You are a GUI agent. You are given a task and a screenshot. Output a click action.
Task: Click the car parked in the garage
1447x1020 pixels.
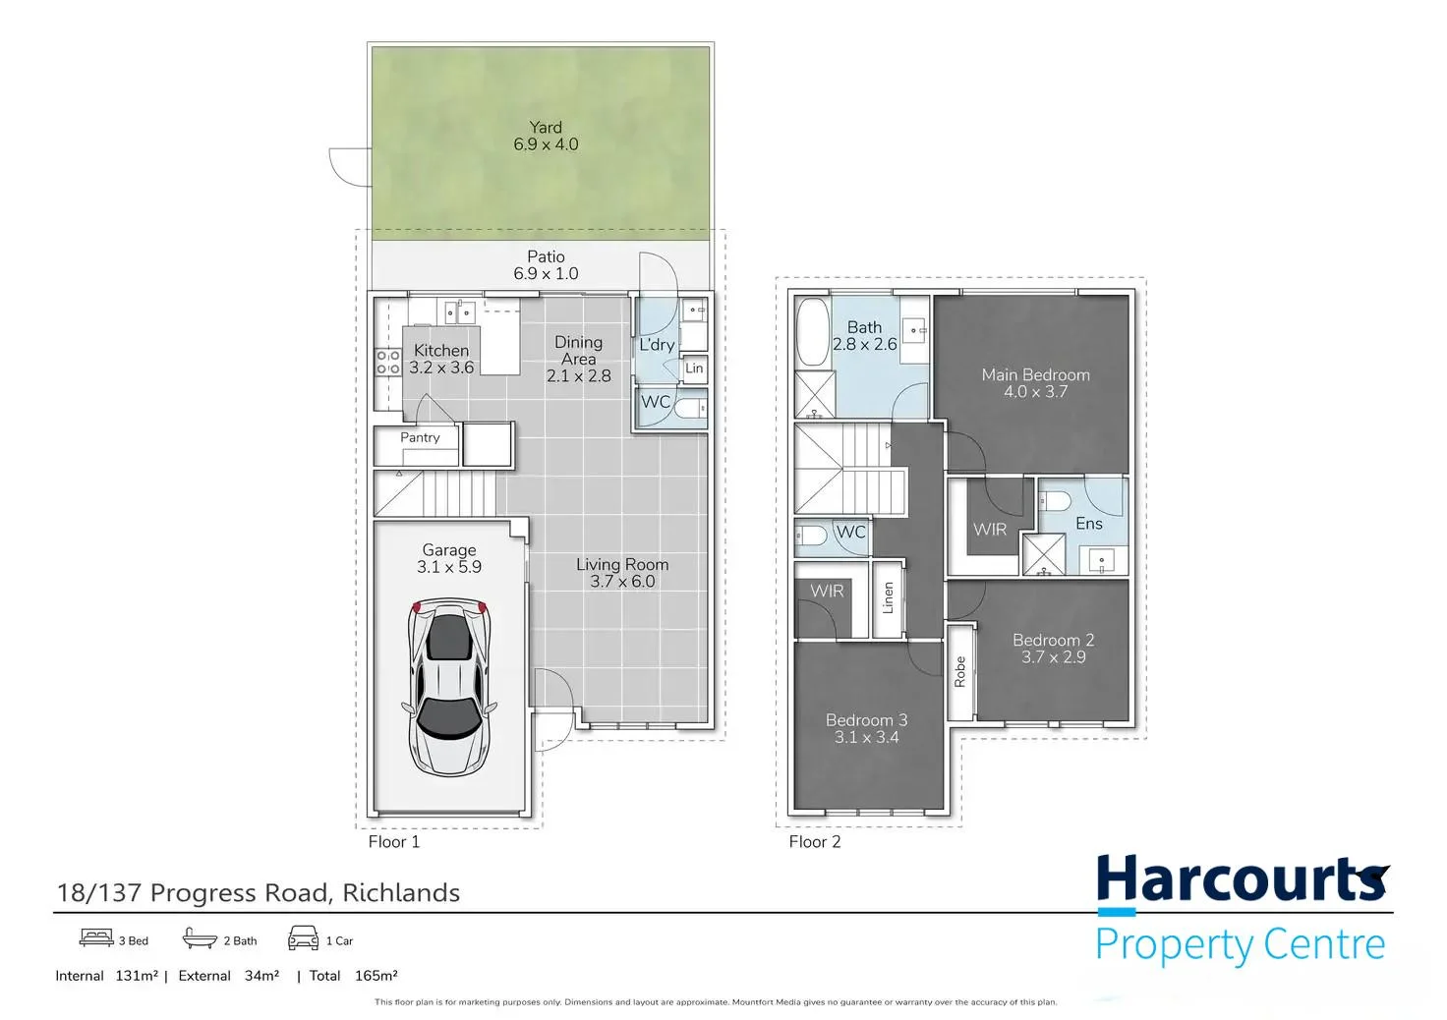tap(449, 688)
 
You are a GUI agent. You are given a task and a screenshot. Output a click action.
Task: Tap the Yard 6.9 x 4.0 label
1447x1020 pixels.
tap(546, 136)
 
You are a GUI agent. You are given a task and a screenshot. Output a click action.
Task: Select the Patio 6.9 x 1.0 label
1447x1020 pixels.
tap(546, 264)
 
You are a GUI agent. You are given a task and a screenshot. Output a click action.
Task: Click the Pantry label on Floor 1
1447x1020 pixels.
tap(420, 437)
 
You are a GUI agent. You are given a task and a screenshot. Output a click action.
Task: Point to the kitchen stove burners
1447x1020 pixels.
tap(387, 363)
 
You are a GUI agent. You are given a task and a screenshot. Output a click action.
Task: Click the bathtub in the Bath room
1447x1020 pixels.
tap(813, 332)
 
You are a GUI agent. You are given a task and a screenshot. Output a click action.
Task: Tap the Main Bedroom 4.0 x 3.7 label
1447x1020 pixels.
tap(1035, 383)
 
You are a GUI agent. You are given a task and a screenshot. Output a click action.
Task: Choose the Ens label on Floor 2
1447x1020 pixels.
tap(1089, 524)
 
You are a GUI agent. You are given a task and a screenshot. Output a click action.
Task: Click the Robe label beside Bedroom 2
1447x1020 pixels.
tap(960, 671)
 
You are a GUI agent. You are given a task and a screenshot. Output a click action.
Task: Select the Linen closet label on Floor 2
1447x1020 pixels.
tap(889, 597)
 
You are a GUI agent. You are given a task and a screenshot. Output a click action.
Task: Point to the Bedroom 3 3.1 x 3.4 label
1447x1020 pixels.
tap(866, 728)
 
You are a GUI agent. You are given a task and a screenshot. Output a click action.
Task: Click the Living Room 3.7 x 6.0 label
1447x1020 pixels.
tap(622, 573)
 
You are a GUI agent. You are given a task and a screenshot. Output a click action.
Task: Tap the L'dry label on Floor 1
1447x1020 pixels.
tap(657, 345)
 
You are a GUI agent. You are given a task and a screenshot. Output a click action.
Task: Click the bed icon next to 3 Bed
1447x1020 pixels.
tap(96, 937)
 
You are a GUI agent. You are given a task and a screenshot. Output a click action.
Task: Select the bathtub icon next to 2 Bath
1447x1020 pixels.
tap(200, 938)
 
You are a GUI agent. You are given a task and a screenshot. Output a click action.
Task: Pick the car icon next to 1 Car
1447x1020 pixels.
tap(303, 938)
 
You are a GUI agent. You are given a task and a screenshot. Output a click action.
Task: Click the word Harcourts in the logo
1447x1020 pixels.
tap(1243, 878)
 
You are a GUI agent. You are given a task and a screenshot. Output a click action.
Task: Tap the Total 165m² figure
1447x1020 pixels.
tap(353, 976)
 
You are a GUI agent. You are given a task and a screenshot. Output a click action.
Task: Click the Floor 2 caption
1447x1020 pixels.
tap(815, 842)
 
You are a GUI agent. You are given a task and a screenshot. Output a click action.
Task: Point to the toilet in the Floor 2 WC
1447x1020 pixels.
tap(810, 536)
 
